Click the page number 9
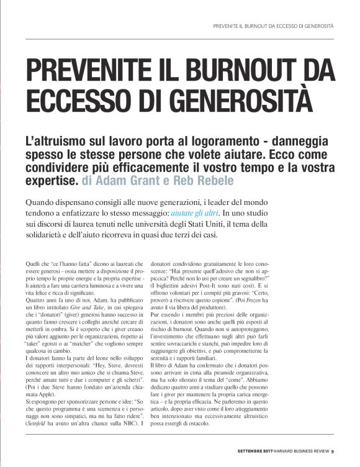tap(333, 451)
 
